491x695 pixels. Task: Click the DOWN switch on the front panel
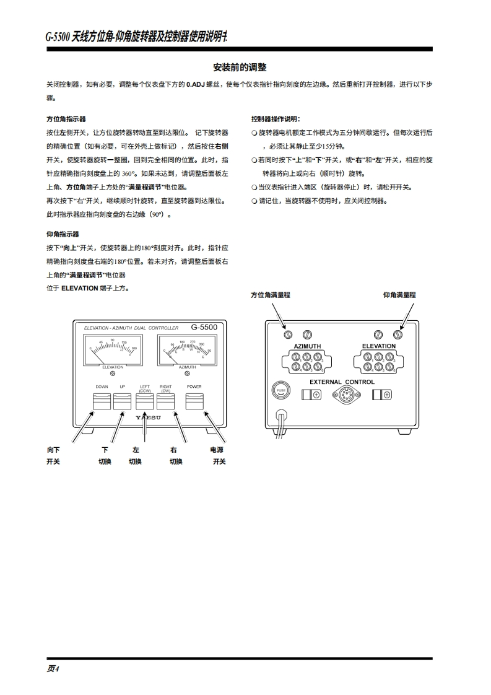pos(102,402)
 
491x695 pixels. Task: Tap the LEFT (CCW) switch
pos(145,402)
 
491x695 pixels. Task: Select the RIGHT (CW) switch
pos(166,402)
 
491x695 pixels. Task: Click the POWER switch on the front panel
pos(194,402)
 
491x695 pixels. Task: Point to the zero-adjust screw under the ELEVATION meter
pos(113,374)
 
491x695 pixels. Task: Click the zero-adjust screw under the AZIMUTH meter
pos(187,374)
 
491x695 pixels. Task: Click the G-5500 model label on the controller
pos(204,327)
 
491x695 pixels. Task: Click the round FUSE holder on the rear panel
pos(281,390)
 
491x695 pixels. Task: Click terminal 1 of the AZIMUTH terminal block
pos(295,357)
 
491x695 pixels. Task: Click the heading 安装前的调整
pos(240,67)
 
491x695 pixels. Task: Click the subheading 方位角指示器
pos(66,118)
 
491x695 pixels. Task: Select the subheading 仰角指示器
pos(63,234)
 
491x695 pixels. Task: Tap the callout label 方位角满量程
pos(270,295)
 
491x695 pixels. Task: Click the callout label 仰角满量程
pos(399,295)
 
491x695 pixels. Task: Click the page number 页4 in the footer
pos(53,668)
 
